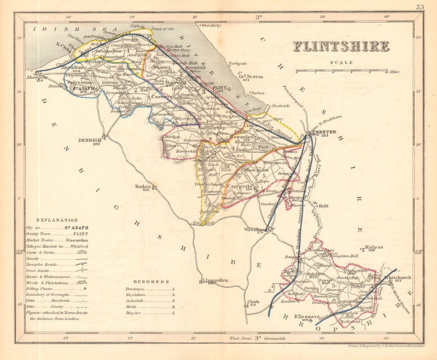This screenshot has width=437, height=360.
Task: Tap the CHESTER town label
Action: click(324, 132)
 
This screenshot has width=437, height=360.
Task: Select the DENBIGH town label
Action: click(90, 140)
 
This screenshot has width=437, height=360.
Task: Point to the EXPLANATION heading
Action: click(57, 220)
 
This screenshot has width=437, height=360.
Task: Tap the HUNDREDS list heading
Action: click(149, 282)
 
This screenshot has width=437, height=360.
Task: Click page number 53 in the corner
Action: click(420, 7)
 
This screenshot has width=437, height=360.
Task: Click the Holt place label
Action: click(323, 205)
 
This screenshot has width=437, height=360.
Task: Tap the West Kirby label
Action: click(211, 26)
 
